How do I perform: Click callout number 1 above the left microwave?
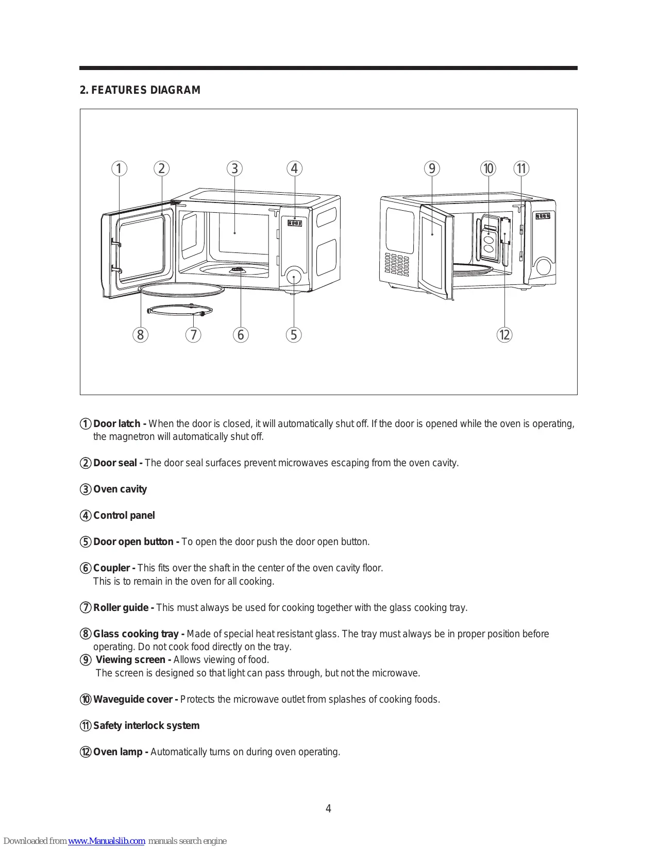[x=119, y=168]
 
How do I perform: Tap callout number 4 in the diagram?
[x=294, y=168]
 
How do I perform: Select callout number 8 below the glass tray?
[x=140, y=335]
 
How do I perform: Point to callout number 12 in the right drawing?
[x=504, y=335]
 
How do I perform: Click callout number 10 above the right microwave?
[x=488, y=168]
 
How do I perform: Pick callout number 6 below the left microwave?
[x=241, y=335]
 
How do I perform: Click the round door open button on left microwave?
[x=294, y=277]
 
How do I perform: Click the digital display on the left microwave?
[x=295, y=223]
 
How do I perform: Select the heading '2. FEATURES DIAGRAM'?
[x=140, y=90]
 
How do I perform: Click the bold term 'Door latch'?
[x=117, y=424]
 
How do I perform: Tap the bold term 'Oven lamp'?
[x=119, y=752]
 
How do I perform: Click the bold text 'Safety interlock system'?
[x=146, y=726]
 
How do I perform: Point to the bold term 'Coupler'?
[x=112, y=568]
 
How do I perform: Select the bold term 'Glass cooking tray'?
[x=136, y=634]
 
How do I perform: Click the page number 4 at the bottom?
[x=328, y=809]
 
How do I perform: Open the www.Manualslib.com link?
[x=107, y=841]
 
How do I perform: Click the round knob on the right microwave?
[x=543, y=266]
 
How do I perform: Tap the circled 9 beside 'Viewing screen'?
[x=86, y=660]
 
